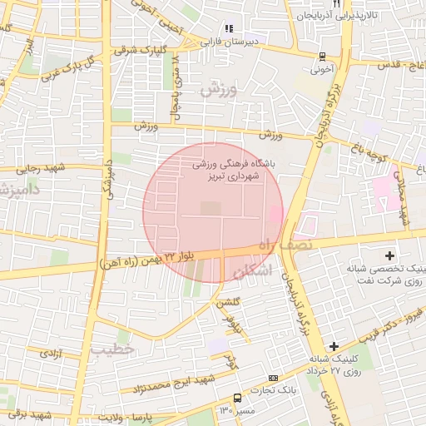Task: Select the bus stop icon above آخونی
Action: click(x=322, y=57)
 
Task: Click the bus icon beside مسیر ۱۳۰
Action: click(x=238, y=399)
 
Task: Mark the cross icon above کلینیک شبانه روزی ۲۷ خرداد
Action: click(x=334, y=346)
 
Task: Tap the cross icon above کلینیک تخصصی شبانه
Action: click(x=390, y=254)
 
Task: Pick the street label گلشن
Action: click(x=228, y=305)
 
